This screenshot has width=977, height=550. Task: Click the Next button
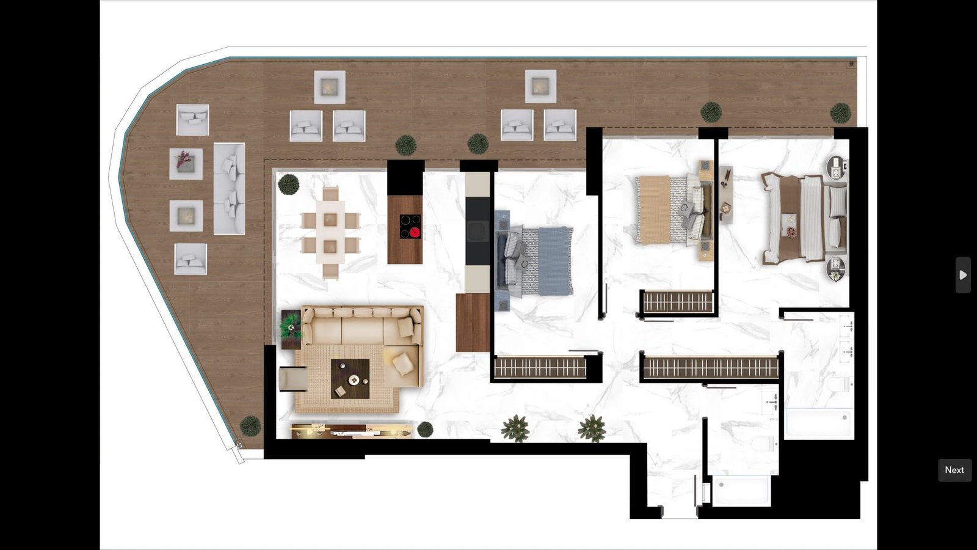tap(954, 470)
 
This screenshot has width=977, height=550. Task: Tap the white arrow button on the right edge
tap(963, 275)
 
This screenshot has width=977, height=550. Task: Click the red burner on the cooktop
tap(415, 232)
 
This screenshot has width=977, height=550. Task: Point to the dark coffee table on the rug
tap(350, 379)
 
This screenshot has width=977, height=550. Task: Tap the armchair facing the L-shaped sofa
tap(293, 378)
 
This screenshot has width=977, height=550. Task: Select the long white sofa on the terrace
tap(229, 189)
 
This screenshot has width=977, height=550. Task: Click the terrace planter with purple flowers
tap(186, 163)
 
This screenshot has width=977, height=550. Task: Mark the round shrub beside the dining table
tap(288, 184)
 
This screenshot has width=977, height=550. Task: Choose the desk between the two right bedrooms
tap(726, 194)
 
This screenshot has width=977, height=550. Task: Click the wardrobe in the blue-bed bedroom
tap(540, 368)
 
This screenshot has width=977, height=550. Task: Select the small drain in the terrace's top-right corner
tap(851, 64)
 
